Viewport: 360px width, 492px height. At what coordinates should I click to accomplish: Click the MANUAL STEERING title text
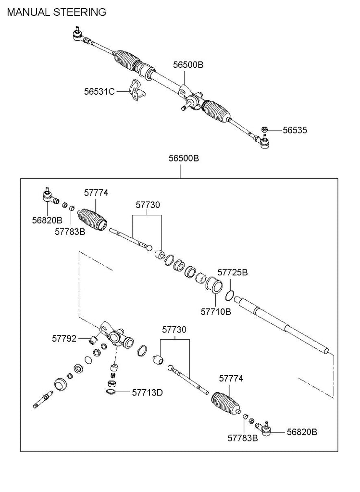click(x=56, y=12)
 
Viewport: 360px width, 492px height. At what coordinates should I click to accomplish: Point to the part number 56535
click(x=295, y=130)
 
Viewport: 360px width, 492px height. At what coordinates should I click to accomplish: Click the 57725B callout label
click(x=233, y=272)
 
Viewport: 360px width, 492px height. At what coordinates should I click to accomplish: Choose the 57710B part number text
click(x=216, y=311)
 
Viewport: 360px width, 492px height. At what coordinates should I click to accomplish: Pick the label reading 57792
click(x=64, y=338)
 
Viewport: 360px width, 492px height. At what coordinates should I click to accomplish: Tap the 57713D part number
click(x=147, y=393)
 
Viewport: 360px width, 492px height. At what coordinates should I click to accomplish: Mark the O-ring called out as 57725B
click(x=230, y=294)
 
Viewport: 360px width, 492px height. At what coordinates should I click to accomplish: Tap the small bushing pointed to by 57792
click(x=94, y=341)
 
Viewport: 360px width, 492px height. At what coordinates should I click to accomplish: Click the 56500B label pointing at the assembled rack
click(x=188, y=64)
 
